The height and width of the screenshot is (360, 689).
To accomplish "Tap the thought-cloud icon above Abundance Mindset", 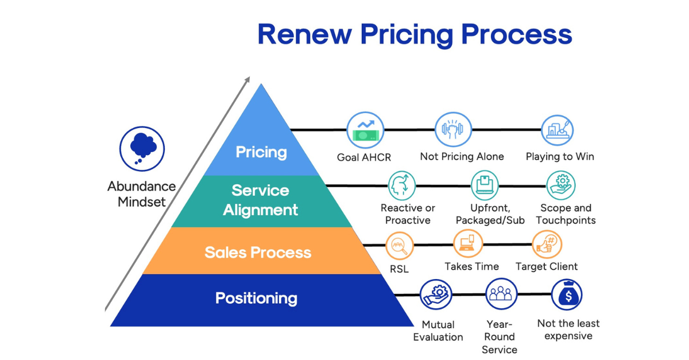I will (142, 149).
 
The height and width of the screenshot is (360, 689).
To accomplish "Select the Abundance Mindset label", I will (141, 194).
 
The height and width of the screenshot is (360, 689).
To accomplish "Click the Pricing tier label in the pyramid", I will (261, 152).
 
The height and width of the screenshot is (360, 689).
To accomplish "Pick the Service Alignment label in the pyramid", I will (261, 200).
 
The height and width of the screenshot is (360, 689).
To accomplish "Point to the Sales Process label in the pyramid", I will (258, 252).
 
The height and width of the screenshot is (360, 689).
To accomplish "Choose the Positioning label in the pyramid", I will (256, 298).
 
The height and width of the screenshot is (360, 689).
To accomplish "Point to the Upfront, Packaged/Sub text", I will (490, 214).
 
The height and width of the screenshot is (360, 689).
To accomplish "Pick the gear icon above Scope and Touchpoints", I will (560, 185).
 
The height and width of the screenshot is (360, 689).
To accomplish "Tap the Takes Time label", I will (472, 266).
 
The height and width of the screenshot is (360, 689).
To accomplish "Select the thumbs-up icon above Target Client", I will (547, 245).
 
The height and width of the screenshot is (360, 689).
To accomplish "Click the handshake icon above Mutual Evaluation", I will (436, 295).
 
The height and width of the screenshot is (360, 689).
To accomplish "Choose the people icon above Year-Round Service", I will (500, 294).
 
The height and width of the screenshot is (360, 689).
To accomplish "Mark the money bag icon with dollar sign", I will (567, 295).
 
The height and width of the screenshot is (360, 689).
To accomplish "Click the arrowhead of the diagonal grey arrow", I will (247, 80).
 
